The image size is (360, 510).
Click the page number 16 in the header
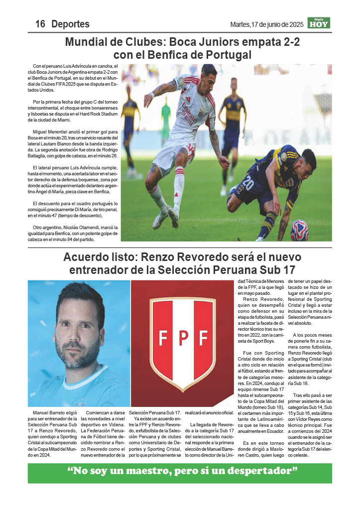tap(40, 24)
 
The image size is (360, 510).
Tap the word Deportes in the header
tap(70, 24)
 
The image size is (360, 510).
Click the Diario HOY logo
tap(319, 23)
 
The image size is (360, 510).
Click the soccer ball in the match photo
tap(299, 230)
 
